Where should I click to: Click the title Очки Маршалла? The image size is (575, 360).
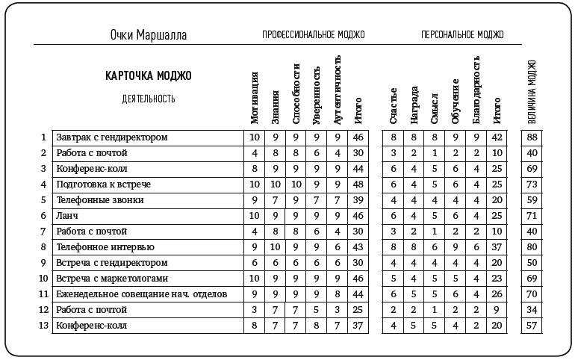148,35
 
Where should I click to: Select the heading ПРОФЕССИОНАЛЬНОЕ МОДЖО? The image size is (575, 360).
313,35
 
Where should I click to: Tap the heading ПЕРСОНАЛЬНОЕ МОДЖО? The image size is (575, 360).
462,35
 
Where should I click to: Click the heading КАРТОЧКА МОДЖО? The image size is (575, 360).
149,75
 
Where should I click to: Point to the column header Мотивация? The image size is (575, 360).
255,98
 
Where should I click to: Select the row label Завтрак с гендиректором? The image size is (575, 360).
112,137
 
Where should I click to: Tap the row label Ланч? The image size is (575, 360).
68,215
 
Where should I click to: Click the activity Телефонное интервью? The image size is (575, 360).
105,246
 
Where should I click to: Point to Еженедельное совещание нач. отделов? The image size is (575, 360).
141,294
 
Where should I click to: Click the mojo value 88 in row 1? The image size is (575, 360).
532,137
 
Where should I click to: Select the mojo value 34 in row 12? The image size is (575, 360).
532,309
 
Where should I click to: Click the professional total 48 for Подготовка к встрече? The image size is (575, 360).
358,184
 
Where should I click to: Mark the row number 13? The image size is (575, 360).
43,325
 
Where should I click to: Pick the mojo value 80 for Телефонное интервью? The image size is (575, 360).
532,246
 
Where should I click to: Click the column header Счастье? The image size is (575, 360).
393,105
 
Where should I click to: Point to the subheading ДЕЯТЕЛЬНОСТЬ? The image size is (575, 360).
149,99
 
